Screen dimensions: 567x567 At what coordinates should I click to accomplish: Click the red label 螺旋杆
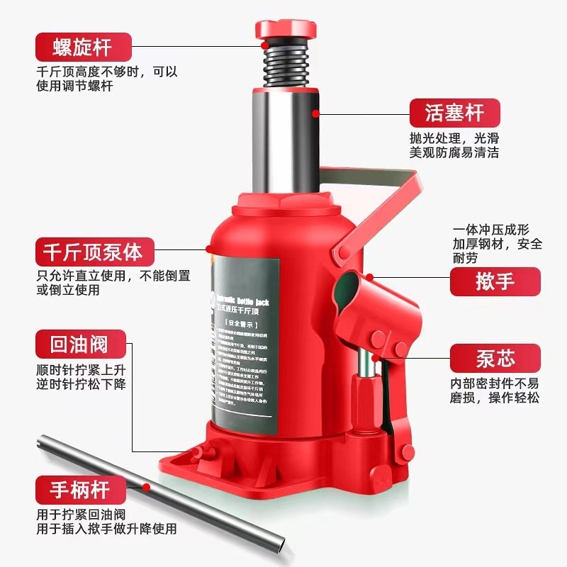tap(84, 47)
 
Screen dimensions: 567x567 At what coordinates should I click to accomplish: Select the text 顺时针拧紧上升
tap(82, 370)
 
